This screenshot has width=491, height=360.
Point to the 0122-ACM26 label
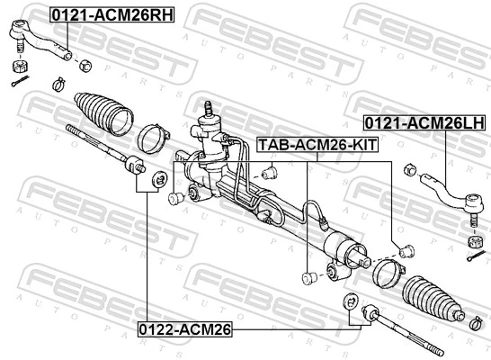coord(184,329)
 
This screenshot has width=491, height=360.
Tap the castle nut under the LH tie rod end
coord(470,242)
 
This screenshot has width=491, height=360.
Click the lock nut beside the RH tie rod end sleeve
coord(85,65)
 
